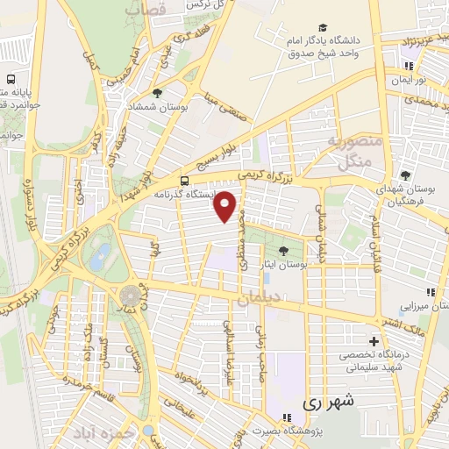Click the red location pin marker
227,204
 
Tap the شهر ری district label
325,403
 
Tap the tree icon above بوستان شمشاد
157,91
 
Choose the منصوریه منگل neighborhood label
351,152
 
